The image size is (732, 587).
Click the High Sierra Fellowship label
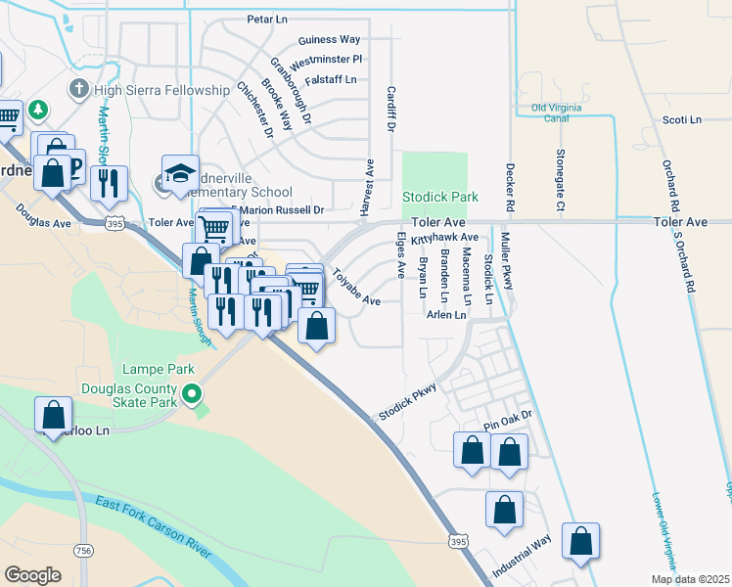pos(162,90)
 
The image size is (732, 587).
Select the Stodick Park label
pos(440,197)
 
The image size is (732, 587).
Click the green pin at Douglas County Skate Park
pos(193,395)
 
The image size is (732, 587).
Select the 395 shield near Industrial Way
pos(457,540)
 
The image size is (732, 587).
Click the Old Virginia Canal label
pos(564,113)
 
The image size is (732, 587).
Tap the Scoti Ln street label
pos(683,120)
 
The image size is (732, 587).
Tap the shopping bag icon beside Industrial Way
pos(580,540)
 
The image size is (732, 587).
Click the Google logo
pos(33,574)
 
